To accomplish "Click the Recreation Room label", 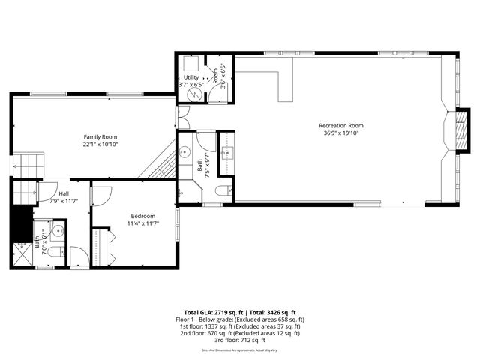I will (x=341, y=126).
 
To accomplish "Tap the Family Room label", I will (x=100, y=137).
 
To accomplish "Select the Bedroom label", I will (x=142, y=216).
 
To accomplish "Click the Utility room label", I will (x=190, y=77).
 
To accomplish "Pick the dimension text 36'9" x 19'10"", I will (x=341, y=134).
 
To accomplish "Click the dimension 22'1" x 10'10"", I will (x=100, y=145).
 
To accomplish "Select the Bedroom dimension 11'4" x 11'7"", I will (x=142, y=223).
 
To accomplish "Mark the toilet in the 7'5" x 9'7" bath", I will (x=222, y=191).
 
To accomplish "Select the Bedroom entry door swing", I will (x=101, y=194).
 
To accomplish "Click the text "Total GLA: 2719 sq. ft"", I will (x=211, y=312).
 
